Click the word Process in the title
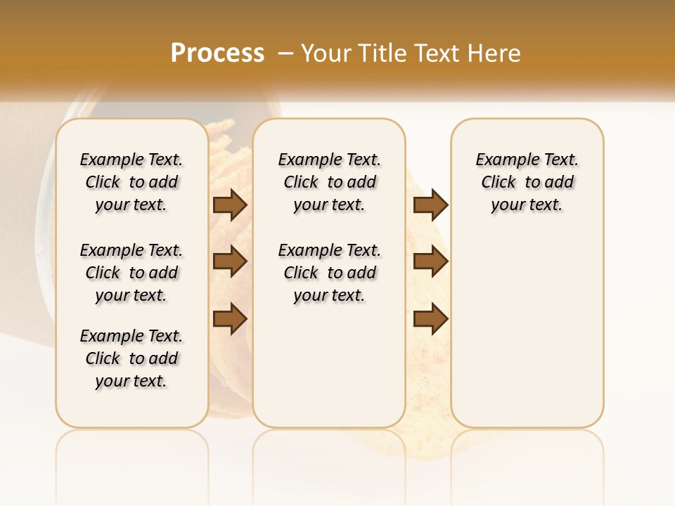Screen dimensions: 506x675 coord(217,53)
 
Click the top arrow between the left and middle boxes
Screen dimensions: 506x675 coord(230,205)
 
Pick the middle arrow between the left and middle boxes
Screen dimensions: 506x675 coord(230,261)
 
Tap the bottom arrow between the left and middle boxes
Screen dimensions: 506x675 coord(230,318)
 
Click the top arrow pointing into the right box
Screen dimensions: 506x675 coord(430,205)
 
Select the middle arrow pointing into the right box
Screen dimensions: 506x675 coord(430,261)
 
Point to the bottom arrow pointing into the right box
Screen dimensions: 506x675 coord(430,318)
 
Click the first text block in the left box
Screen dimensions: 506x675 coord(131,182)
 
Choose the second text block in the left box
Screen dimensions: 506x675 coord(131,273)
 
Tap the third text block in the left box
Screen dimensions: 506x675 coord(131,358)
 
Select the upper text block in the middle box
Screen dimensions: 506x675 coord(329,182)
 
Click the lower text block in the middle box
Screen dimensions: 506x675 coord(329,273)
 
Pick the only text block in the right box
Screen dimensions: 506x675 coord(527,182)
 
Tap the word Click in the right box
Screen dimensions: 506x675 coord(499,183)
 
